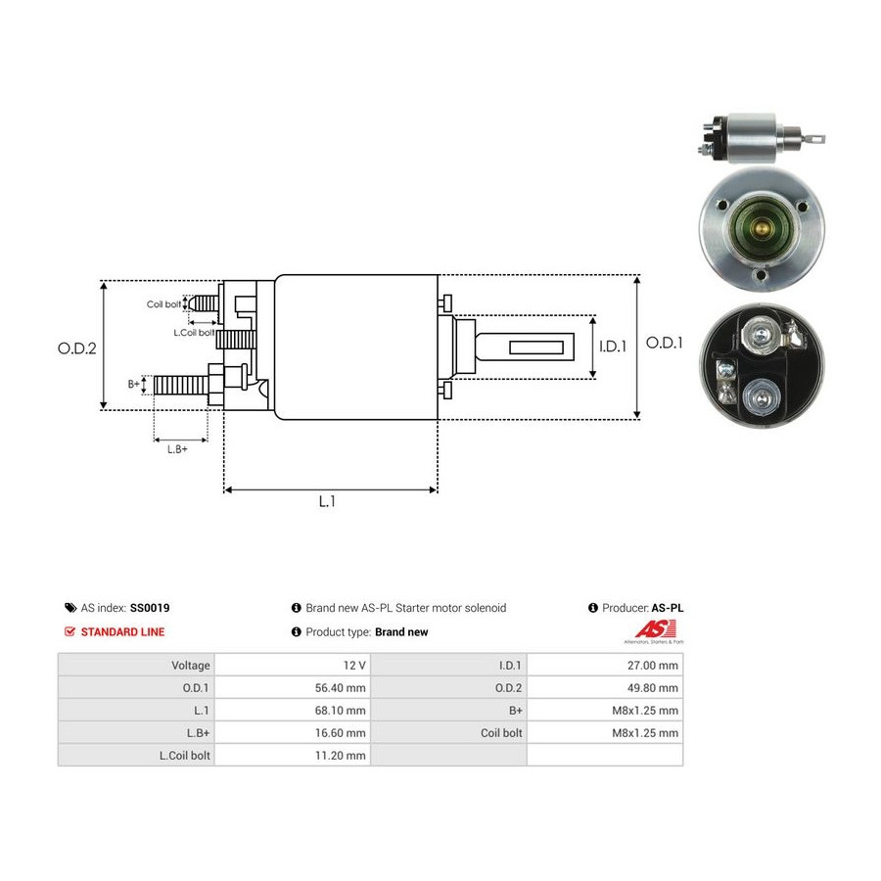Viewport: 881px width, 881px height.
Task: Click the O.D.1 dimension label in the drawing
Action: pos(664,343)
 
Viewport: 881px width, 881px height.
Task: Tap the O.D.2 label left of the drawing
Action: pos(77,348)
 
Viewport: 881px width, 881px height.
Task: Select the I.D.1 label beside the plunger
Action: pos(613,347)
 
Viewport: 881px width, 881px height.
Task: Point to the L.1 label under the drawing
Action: pos(327,501)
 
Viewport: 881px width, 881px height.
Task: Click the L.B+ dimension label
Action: pos(177,449)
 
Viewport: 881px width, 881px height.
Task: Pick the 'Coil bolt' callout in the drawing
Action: pos(163,304)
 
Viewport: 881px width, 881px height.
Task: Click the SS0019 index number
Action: pos(150,608)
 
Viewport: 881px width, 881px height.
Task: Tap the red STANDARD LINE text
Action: pos(122,632)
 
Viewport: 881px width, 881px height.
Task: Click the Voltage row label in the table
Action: pos(191,666)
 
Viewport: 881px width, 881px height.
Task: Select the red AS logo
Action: pos(654,630)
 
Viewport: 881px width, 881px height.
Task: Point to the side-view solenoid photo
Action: pos(761,138)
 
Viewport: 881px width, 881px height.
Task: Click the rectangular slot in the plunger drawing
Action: pos(536,347)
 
